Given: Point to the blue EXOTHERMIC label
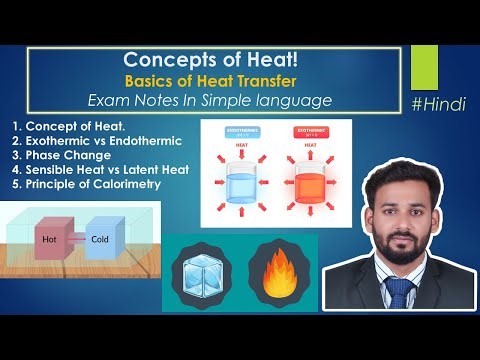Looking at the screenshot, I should [240, 130].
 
